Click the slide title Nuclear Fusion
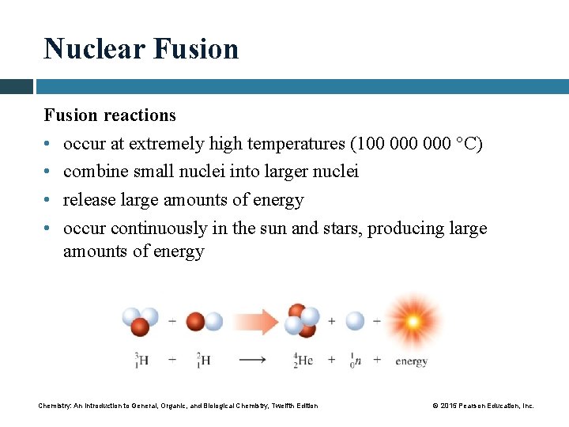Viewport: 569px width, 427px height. click(x=141, y=49)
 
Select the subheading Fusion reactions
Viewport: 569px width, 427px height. click(x=110, y=115)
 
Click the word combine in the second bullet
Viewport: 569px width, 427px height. click(x=95, y=172)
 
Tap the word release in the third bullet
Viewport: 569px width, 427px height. click(x=90, y=200)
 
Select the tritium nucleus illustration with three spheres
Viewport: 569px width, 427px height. click(x=139, y=321)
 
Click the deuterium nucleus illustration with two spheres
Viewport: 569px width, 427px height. click(x=203, y=322)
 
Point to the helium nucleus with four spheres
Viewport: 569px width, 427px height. click(x=303, y=319)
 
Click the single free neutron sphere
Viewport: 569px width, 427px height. click(x=356, y=321)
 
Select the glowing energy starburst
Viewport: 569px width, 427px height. click(x=412, y=321)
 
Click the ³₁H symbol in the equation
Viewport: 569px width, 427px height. click(x=142, y=361)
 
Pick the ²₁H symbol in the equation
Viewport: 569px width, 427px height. click(x=203, y=361)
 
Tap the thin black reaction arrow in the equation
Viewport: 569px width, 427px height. click(x=252, y=361)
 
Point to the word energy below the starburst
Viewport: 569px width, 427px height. click(x=411, y=361)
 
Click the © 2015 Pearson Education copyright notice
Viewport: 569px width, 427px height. click(x=483, y=406)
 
